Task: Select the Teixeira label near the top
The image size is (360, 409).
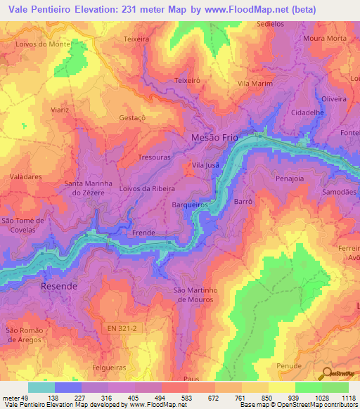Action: (x=136, y=39)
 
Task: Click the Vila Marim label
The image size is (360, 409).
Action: (x=255, y=84)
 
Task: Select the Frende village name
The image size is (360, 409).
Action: (x=143, y=233)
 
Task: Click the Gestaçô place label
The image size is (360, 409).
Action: (x=132, y=118)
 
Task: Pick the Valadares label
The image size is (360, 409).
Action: (x=25, y=177)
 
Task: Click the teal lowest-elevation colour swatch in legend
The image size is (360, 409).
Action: (x=41, y=387)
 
